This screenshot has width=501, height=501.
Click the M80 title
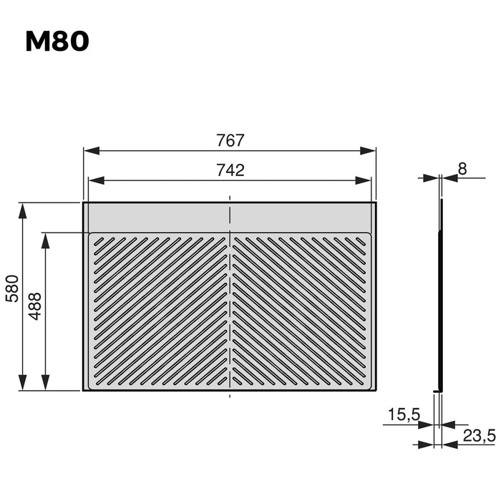click(x=57, y=42)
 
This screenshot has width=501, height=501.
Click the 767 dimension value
click(x=230, y=140)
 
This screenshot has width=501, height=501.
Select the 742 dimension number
click(x=230, y=170)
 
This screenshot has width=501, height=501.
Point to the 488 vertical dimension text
click(x=35, y=305)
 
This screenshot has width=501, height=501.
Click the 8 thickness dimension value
click(x=462, y=169)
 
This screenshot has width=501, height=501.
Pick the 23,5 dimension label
click(x=479, y=435)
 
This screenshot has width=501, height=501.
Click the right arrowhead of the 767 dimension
click(x=368, y=151)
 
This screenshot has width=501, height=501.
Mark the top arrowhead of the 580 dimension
click(x=23, y=210)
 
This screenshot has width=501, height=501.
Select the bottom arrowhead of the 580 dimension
click(x=23, y=383)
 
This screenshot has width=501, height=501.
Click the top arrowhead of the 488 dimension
click(x=46, y=240)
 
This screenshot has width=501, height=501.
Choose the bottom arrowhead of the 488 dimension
click(x=46, y=383)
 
